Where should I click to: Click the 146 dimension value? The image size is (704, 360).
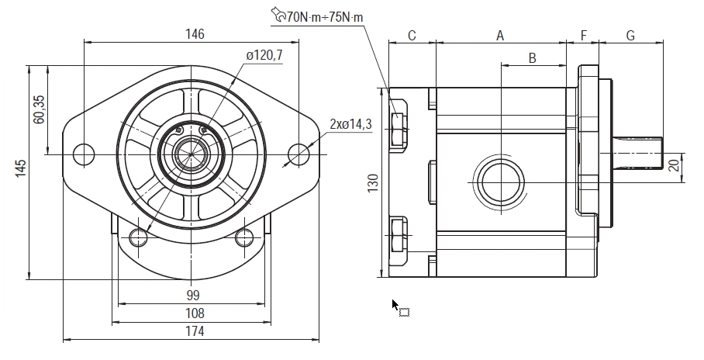(195, 33)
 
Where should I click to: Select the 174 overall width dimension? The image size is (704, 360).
(194, 331)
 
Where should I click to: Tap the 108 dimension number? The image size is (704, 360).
(194, 313)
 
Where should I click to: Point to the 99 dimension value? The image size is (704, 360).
(193, 295)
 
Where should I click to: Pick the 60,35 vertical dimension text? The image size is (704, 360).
(39, 109)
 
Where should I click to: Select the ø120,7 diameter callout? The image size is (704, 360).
(264, 56)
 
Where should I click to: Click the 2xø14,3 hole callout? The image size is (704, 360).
(351, 123)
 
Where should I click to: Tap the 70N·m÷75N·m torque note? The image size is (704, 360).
(325, 16)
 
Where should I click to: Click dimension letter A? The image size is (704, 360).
(500, 36)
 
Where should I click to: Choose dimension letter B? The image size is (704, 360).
(532, 57)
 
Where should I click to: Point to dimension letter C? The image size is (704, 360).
(412, 36)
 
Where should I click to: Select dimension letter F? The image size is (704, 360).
(583, 36)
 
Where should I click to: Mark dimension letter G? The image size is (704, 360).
(630, 36)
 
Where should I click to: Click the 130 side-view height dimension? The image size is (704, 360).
(373, 183)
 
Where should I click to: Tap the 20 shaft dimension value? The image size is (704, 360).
(674, 164)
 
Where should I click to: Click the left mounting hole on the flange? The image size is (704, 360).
(83, 154)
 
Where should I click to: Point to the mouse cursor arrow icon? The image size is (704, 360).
(395, 305)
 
